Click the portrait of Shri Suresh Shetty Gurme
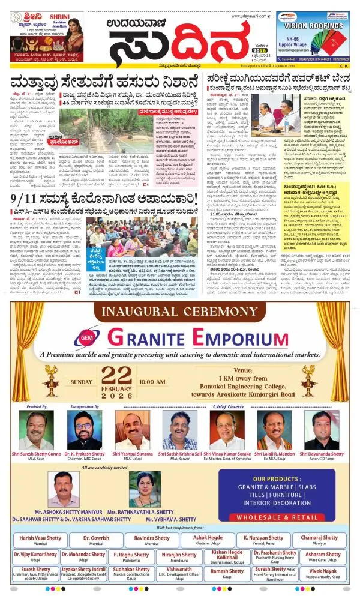[40, 430]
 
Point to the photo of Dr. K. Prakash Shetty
[85, 430]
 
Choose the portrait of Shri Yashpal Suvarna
[131, 430]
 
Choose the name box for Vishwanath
[179, 572]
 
